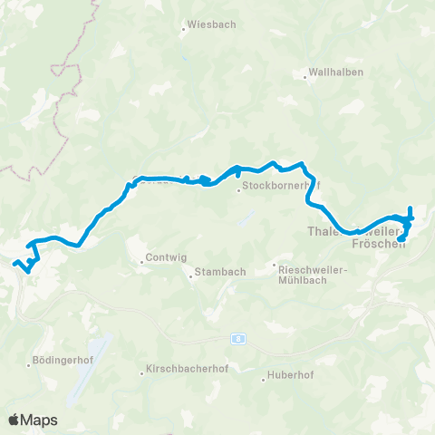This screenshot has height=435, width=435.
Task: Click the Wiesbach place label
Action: pos(209,27)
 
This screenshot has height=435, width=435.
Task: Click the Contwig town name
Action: pos(168,257)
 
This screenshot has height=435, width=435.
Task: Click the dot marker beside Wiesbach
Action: pos(184,28)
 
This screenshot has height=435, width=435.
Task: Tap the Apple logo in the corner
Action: pos(14,420)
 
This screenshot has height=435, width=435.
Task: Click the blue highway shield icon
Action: pos(238,338)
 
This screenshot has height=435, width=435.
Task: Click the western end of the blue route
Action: pos(15,263)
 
